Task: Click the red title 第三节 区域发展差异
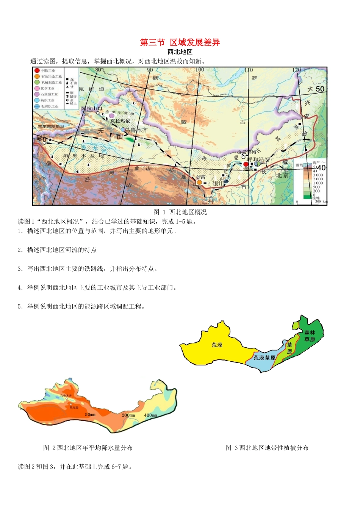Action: (x=180, y=42)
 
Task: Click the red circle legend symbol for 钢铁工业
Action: (x=37, y=70)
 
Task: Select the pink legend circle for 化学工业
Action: (x=37, y=88)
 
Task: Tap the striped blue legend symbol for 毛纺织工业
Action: (x=37, y=106)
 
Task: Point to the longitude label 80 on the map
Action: (x=98, y=70)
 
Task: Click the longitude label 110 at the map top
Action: (x=248, y=70)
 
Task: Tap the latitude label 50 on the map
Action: (x=320, y=89)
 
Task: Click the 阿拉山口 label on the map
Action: (x=92, y=108)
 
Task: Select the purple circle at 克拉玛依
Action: (x=111, y=116)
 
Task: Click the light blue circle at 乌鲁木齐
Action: (x=123, y=130)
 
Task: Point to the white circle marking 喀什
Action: (x=44, y=143)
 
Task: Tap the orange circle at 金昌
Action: (x=199, y=182)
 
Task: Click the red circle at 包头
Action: (x=246, y=164)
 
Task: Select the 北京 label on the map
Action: (x=282, y=175)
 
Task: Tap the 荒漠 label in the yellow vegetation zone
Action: (x=217, y=345)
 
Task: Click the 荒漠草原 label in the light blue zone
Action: (x=264, y=358)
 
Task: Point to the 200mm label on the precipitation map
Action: (x=128, y=415)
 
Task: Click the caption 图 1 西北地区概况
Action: (x=180, y=212)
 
